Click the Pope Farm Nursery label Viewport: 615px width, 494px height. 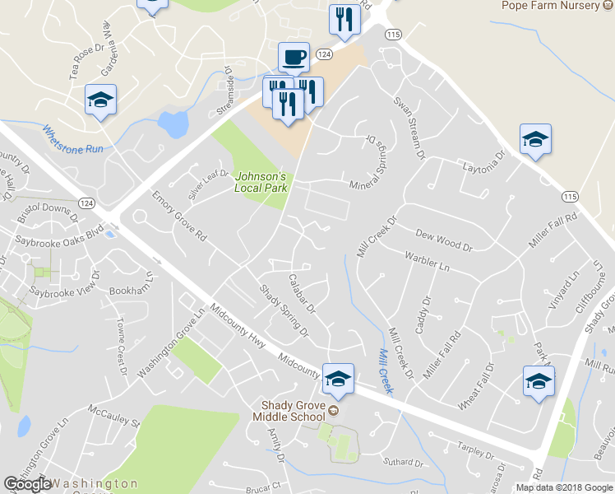(x=552, y=5)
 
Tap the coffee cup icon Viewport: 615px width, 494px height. (x=294, y=58)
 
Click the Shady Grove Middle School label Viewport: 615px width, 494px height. (x=292, y=412)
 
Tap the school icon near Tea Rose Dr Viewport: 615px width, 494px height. (x=100, y=101)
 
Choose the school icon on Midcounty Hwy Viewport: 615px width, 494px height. (x=337, y=379)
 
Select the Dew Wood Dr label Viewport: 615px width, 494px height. (x=444, y=240)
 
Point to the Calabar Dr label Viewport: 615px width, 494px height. (x=302, y=293)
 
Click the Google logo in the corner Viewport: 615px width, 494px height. (x=27, y=484)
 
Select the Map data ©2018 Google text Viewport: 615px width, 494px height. (x=564, y=487)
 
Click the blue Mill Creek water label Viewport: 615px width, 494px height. (x=383, y=367)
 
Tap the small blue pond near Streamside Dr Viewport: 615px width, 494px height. (x=173, y=123)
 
